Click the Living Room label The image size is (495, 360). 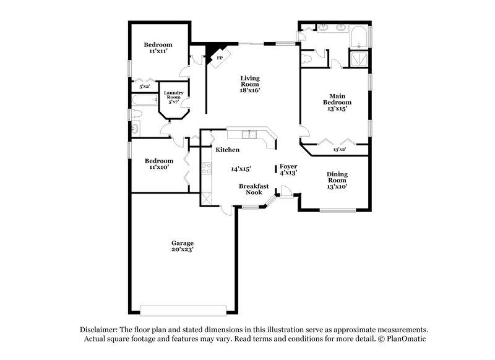point(250,84)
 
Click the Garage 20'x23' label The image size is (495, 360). point(183,247)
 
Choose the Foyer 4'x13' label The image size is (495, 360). point(288,169)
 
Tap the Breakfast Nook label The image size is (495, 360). point(254,189)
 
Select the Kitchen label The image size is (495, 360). point(227,150)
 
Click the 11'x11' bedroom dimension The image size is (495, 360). point(158,51)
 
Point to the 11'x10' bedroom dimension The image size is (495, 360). point(158,167)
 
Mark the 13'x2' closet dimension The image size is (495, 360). point(340,149)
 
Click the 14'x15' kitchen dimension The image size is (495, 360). point(241,168)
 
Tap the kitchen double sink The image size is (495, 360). point(250,134)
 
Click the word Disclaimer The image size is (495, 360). point(100,330)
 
